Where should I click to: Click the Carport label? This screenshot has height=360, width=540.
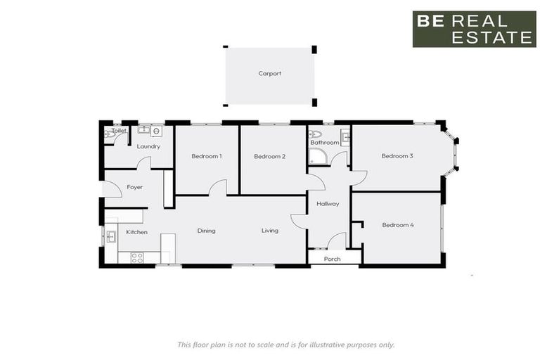pyautogui.click(x=269, y=73)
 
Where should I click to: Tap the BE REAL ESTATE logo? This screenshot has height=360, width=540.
pyautogui.click(x=474, y=29)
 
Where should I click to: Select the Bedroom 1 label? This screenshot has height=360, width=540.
pyautogui.click(x=207, y=156)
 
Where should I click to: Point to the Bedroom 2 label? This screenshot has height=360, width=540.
pyautogui.click(x=269, y=156)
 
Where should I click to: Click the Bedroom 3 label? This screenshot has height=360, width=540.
pyautogui.click(x=397, y=156)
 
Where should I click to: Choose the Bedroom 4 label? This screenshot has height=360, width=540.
pyautogui.click(x=397, y=225)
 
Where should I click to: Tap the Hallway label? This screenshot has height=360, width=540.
pyautogui.click(x=328, y=204)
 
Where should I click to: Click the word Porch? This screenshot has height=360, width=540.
pyautogui.click(x=332, y=259)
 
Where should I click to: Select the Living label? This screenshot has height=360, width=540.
pyautogui.click(x=270, y=231)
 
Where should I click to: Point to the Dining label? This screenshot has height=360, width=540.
pyautogui.click(x=206, y=231)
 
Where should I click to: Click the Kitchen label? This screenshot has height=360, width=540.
pyautogui.click(x=136, y=232)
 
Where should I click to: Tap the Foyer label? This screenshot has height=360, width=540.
pyautogui.click(x=134, y=187)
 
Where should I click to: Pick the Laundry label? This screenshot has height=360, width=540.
pyautogui.click(x=148, y=146)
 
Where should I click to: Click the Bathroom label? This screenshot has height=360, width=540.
pyautogui.click(x=325, y=143)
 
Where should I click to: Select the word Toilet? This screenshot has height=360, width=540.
pyautogui.click(x=119, y=131)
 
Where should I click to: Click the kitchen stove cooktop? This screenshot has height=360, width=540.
pyautogui.click(x=136, y=257)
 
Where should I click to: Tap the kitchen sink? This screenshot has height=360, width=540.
pyautogui.click(x=111, y=237)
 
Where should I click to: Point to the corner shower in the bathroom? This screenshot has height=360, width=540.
pyautogui.click(x=317, y=156)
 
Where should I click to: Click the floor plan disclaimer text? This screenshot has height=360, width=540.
pyautogui.click(x=285, y=345)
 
